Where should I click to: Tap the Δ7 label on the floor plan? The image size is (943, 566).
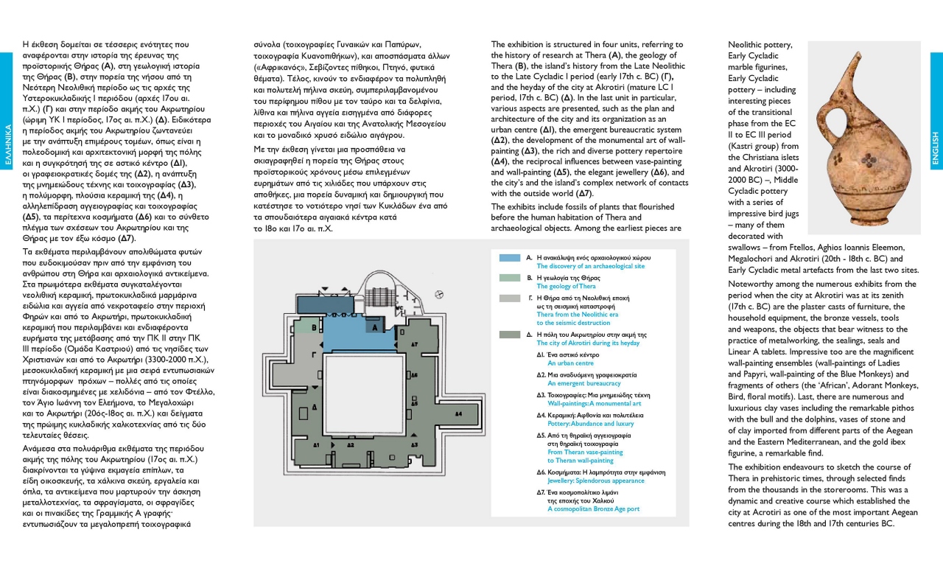click(x=414, y=343)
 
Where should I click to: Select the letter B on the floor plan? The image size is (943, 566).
click(x=315, y=327)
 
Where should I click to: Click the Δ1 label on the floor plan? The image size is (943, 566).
click(x=316, y=445)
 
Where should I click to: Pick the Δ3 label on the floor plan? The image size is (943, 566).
click(x=414, y=445)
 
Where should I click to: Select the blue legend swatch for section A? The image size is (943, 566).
click(x=510, y=259)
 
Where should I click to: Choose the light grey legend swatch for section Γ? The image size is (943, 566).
click(x=510, y=298)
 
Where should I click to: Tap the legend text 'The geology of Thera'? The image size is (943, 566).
click(x=567, y=286)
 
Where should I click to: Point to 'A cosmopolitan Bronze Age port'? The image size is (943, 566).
click(x=594, y=509)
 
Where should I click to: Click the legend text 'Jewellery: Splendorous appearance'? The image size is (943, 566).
click(x=596, y=481)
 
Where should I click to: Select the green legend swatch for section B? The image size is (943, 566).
click(x=510, y=278)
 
